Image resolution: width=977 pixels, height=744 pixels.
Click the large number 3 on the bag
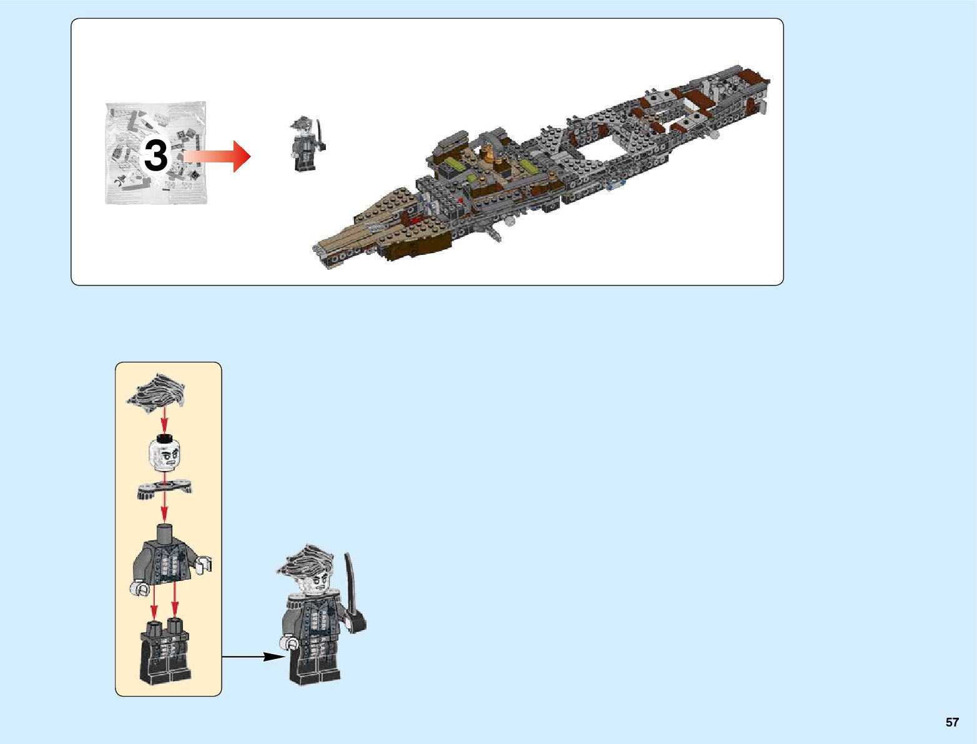pyautogui.click(x=156, y=156)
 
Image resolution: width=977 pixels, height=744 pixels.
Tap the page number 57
pyautogui.click(x=951, y=722)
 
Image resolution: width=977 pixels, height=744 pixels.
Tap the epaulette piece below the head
pyautogui.click(x=164, y=489)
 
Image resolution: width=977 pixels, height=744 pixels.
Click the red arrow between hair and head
pyautogui.click(x=164, y=420)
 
